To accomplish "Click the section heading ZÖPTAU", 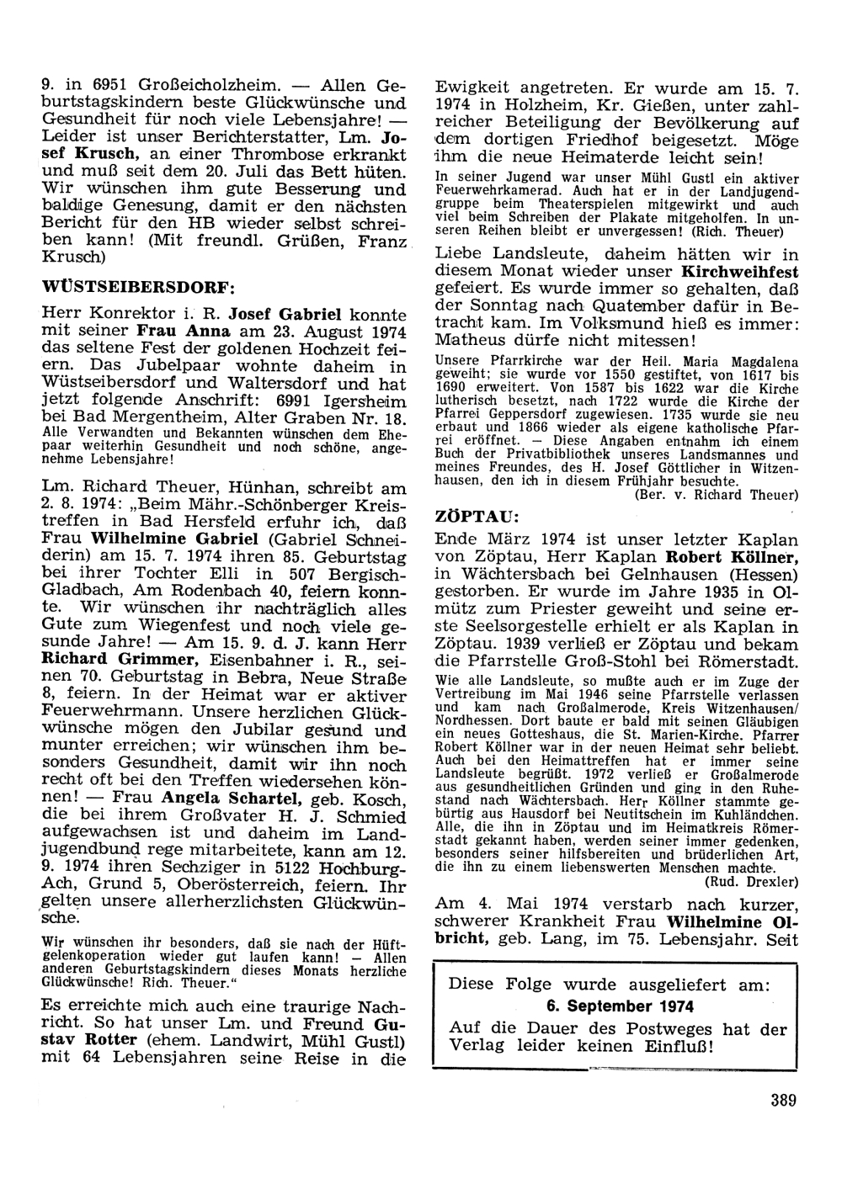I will click(472, 515).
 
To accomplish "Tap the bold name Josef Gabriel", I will click(290, 314).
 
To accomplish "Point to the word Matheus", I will click(470, 340).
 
